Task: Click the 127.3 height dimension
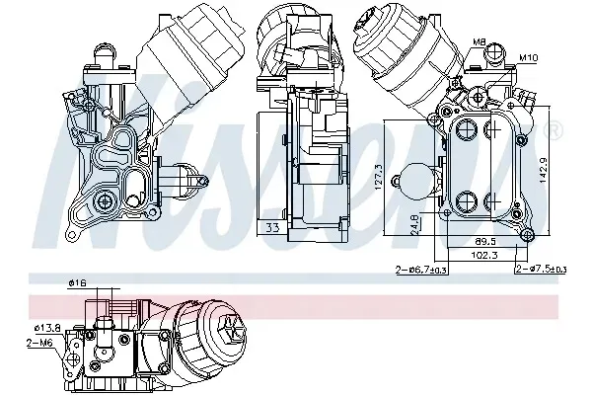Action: coord(379,177)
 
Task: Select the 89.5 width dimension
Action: coord(485,241)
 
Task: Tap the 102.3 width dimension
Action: coord(484,255)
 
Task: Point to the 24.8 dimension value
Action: coord(414,225)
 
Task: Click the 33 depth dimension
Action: coord(272,227)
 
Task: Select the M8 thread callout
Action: coord(479,41)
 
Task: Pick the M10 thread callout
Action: coord(529,58)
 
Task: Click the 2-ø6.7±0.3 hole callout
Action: coord(421,270)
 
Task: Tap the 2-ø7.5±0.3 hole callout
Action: coord(541,270)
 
